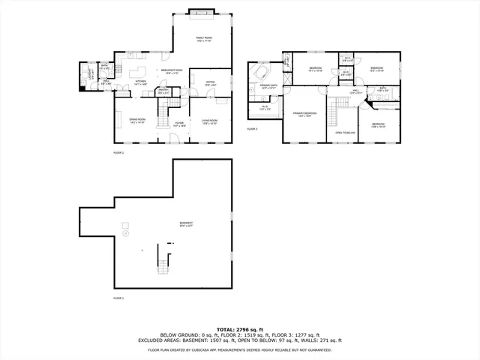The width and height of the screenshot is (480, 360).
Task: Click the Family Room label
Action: click(x=203, y=38)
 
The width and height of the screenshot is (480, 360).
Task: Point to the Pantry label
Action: click(x=162, y=92)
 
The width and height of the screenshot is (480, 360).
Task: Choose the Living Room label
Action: click(x=209, y=121)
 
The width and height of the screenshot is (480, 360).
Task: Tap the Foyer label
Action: click(x=179, y=125)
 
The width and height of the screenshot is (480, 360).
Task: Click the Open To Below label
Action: click(x=345, y=133)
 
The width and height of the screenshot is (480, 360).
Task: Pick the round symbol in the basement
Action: click(x=126, y=225)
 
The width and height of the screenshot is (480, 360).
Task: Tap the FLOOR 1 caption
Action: click(x=118, y=298)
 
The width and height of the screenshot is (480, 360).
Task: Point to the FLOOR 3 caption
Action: click(x=253, y=129)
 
